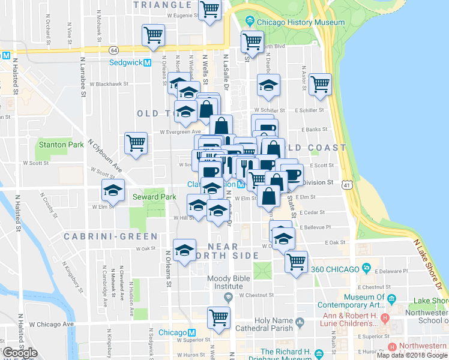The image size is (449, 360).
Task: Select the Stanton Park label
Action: tap(61, 145)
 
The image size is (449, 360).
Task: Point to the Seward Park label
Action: tap(154, 197)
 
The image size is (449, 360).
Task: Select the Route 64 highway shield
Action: tap(113, 50)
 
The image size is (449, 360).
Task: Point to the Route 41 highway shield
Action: tap(348, 187)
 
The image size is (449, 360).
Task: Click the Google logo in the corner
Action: tap(20, 353)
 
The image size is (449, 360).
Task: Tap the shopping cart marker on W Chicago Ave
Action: tap(219, 318)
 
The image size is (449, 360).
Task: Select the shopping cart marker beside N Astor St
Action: tap(321, 85)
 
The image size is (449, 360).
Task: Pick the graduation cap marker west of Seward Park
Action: tap(113, 190)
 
